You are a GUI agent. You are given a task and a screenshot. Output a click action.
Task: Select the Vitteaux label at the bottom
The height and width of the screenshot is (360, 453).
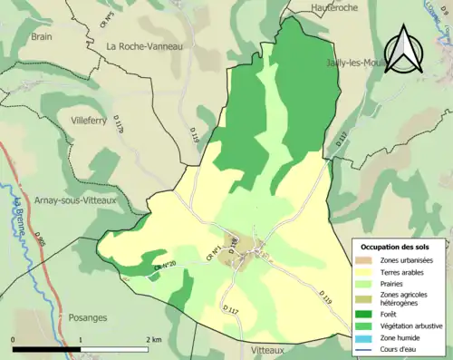271,348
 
